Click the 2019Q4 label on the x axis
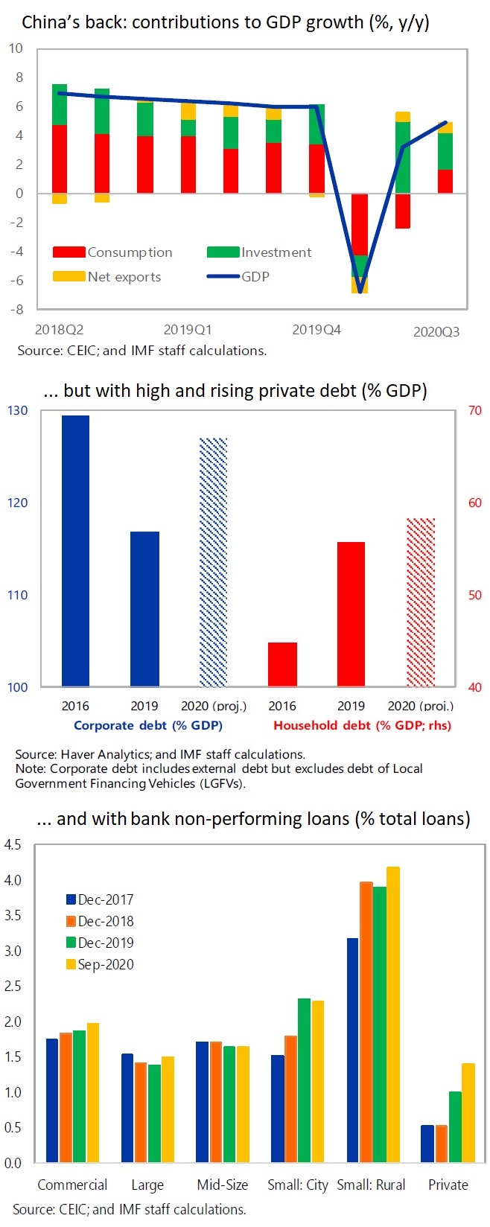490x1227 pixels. tap(316, 329)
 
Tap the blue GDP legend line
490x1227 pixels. tap(223, 277)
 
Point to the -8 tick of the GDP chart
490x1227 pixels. tap(16, 309)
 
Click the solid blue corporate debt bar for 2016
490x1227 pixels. tap(75, 551)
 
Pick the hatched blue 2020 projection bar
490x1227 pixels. tap(213, 562)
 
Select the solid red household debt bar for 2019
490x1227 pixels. tap(351, 614)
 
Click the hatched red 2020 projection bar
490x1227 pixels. tap(421, 602)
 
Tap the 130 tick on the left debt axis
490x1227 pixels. tap(18, 410)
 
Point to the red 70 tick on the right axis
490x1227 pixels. tap(474, 410)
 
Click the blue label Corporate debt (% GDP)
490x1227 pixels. tap(148, 725)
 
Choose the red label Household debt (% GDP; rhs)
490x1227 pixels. tap(362, 725)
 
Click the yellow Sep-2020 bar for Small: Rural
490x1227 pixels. tap(393, 1014)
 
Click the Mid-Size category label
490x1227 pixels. tap(223, 1185)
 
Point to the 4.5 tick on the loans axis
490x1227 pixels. tap(13, 845)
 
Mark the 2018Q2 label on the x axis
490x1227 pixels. tap(59, 329)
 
